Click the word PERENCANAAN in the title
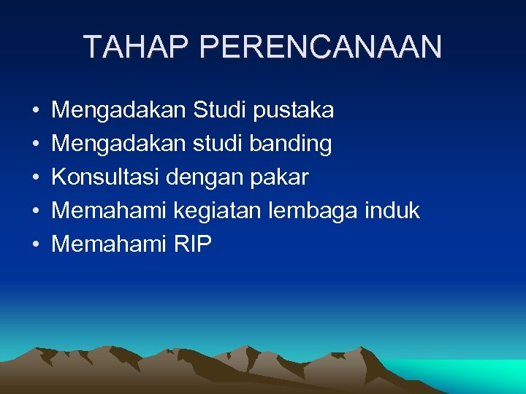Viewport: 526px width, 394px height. click(320, 47)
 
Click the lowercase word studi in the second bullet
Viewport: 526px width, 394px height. click(217, 144)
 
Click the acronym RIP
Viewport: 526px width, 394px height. click(193, 244)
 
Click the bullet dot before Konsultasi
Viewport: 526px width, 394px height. click(35, 178)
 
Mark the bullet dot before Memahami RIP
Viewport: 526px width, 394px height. click(35, 245)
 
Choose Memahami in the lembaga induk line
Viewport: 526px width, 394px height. click(110, 211)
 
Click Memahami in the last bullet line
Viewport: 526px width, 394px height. click(110, 244)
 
